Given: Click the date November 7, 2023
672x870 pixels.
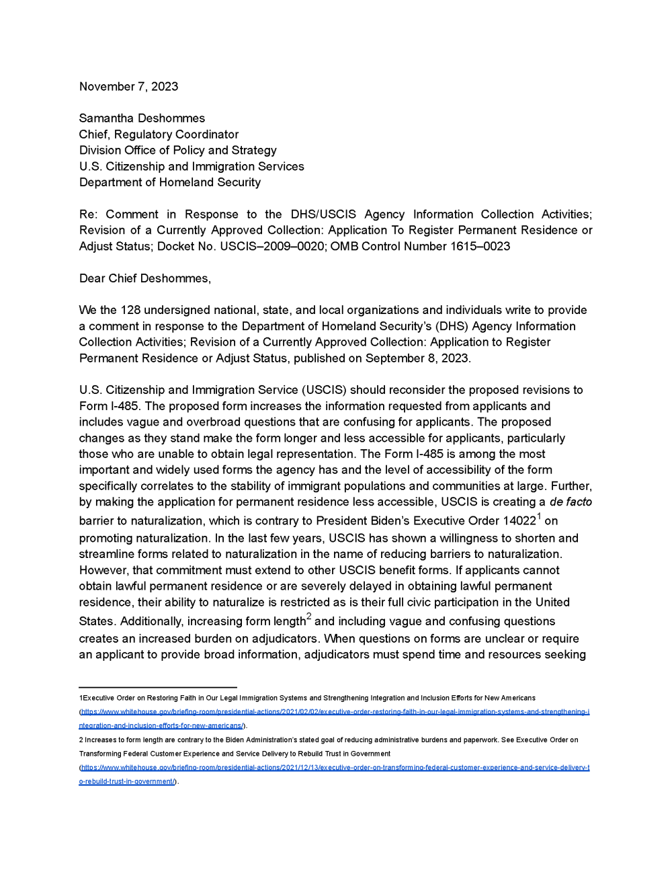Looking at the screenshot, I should [128, 87].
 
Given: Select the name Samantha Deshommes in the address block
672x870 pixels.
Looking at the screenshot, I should [142, 118].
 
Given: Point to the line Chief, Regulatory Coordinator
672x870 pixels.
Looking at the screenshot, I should [159, 134].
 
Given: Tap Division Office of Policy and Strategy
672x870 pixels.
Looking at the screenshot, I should [177, 151].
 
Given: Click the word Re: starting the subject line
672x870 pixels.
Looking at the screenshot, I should [87, 214].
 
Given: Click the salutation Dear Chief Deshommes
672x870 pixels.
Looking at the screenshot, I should [144, 278].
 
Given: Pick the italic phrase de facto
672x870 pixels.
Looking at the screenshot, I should [571, 502].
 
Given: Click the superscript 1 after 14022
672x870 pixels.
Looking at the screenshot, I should [539, 516].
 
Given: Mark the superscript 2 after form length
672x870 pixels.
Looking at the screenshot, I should [308, 617].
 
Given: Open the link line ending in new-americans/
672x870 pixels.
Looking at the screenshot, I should [161, 726].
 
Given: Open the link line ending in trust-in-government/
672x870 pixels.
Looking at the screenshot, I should [127, 782].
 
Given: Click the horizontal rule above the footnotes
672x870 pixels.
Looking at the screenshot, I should [157, 687].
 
